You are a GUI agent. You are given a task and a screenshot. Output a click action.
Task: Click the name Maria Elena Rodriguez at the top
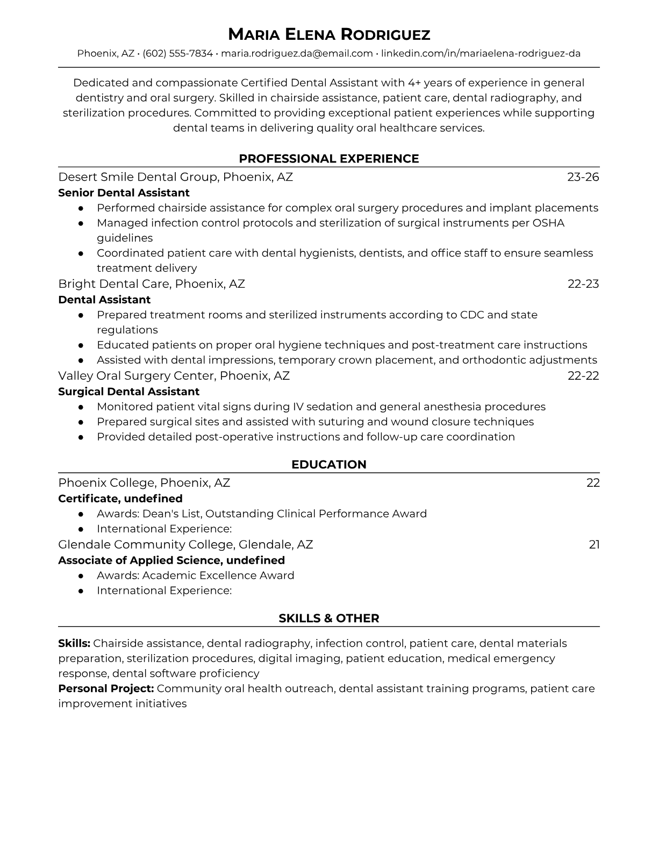point(329,34)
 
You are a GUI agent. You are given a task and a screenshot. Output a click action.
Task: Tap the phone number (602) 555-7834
point(177,53)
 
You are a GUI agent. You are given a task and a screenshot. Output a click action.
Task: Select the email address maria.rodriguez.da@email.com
point(297,53)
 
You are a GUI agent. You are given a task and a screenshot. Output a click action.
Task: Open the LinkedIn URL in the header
point(481,53)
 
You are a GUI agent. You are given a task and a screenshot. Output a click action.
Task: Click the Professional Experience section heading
point(329,159)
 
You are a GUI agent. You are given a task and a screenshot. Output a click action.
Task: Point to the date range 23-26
point(583,177)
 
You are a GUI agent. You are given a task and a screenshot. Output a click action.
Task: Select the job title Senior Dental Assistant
point(124,193)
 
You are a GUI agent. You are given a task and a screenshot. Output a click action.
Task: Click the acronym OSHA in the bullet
point(548,223)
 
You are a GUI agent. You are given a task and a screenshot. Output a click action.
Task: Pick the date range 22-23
point(583,283)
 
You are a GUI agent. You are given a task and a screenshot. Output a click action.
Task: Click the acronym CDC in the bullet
point(472,315)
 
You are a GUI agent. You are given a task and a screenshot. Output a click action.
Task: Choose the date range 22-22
point(583,375)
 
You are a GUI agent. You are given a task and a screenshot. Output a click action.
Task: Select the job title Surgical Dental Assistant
point(128,392)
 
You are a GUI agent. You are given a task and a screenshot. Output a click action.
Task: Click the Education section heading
point(329,465)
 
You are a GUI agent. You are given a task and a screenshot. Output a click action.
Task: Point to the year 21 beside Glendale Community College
point(594,544)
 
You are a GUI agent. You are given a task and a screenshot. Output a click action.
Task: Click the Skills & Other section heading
point(329,619)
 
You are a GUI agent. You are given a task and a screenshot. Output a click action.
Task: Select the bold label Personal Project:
point(106,688)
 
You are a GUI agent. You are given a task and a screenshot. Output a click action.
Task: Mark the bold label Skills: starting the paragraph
point(74,643)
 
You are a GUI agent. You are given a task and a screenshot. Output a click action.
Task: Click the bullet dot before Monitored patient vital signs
point(81,407)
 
